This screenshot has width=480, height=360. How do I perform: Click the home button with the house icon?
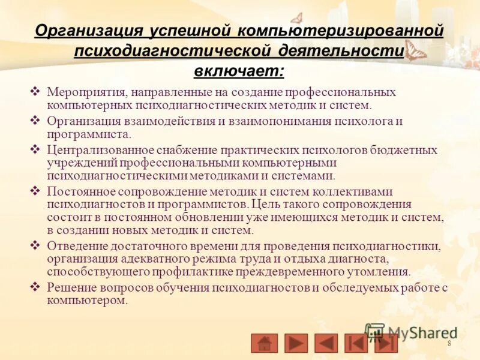tap(264, 343)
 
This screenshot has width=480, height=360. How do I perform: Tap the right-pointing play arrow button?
tap(296, 343)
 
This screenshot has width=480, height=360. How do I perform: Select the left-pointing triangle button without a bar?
tap(326, 343)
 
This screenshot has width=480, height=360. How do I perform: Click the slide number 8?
tap(449, 343)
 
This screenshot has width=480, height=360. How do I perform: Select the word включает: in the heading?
tap(239, 71)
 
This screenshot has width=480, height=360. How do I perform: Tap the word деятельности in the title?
tap(346, 51)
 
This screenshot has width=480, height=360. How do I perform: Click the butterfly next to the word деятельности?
tap(415, 51)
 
